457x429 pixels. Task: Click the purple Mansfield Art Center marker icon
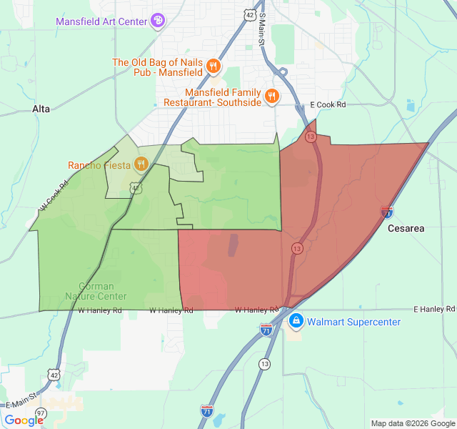pyautogui.click(x=159, y=21)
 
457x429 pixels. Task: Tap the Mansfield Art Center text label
pyautogui.click(x=101, y=21)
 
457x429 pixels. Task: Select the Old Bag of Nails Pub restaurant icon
pyautogui.click(x=213, y=67)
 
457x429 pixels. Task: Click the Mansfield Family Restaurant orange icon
pyautogui.click(x=271, y=97)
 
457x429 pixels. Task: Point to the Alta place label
pyautogui.click(x=41, y=109)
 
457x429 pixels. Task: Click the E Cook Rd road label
pyautogui.click(x=328, y=105)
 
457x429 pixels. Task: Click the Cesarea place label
pyautogui.click(x=406, y=229)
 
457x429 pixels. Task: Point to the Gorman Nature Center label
pyautogui.click(x=96, y=291)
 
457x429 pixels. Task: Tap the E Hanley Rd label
pyautogui.click(x=434, y=309)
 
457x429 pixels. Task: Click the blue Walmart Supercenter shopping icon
pyautogui.click(x=296, y=322)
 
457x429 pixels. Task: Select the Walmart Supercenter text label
pyautogui.click(x=353, y=322)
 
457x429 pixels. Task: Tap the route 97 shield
pyautogui.click(x=41, y=413)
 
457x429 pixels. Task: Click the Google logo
pyautogui.click(x=23, y=420)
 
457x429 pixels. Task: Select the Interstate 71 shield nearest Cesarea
pyautogui.click(x=386, y=212)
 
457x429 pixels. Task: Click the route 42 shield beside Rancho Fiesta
pyautogui.click(x=135, y=187)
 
